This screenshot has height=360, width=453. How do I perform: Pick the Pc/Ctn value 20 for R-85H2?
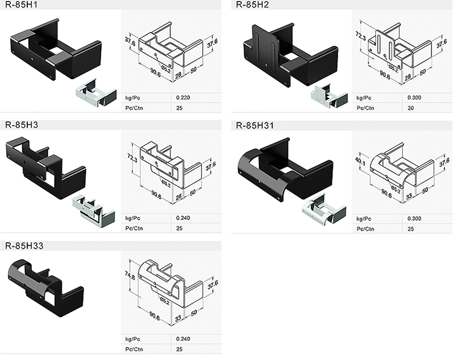[x=411, y=108]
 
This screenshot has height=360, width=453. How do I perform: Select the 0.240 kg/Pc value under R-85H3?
[x=183, y=218]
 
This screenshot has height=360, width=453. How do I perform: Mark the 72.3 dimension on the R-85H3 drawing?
[x=133, y=155]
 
